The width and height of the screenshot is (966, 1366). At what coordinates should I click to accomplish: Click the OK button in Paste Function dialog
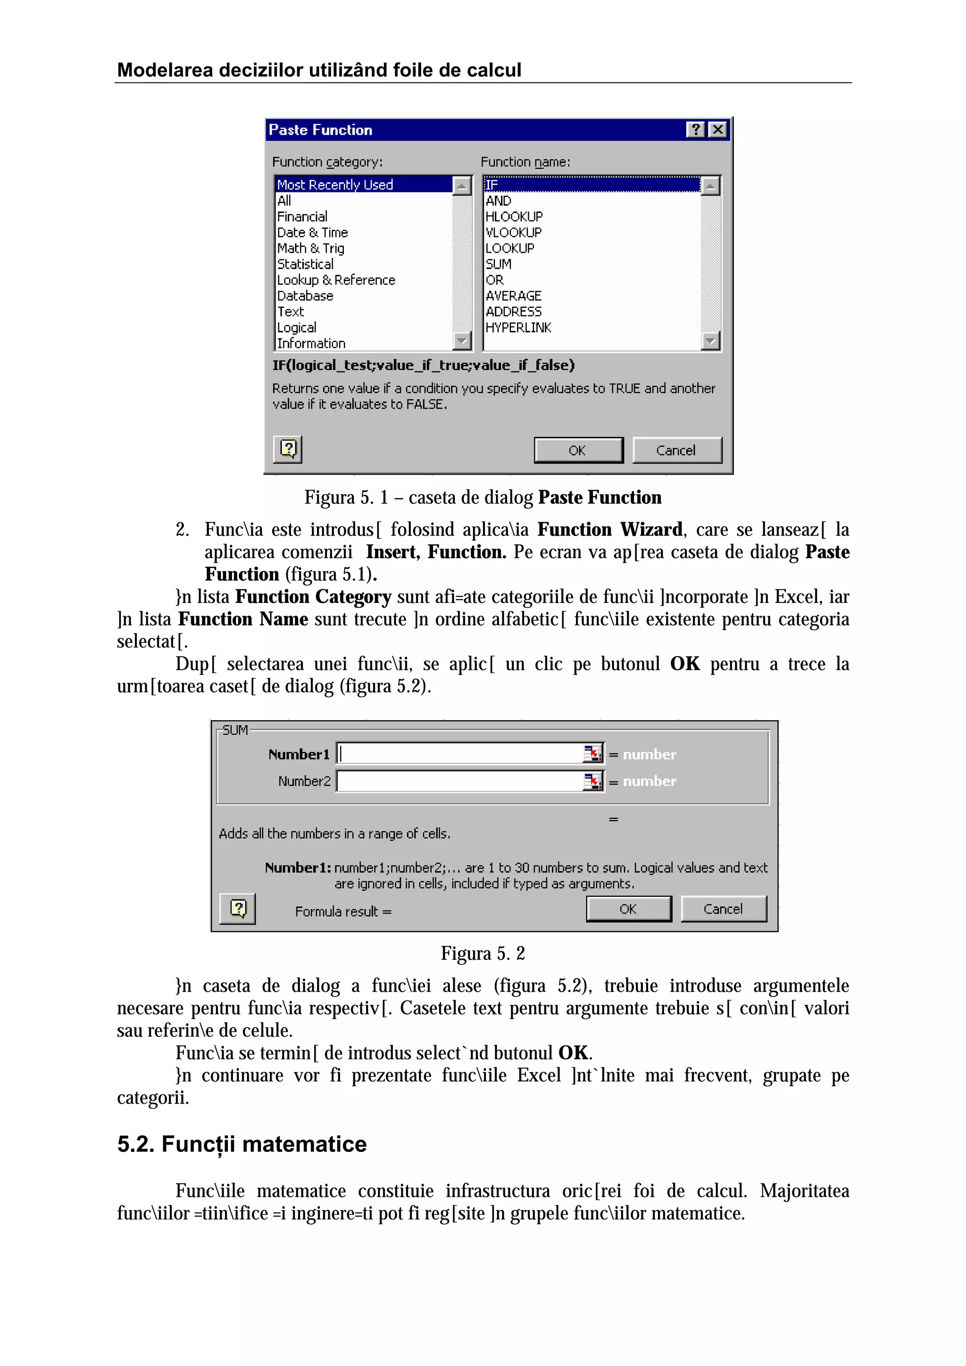click(578, 450)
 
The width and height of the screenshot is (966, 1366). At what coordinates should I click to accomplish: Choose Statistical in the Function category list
click(305, 264)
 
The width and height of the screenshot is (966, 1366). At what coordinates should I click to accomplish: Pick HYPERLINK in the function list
click(518, 328)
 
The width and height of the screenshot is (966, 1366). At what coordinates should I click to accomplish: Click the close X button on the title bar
click(718, 130)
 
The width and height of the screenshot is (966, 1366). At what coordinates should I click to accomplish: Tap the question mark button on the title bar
click(695, 130)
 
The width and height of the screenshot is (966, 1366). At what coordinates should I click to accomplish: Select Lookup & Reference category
click(336, 280)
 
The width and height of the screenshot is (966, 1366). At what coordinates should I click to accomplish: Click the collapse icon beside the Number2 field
click(593, 781)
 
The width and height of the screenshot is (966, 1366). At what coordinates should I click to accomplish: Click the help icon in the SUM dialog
click(237, 908)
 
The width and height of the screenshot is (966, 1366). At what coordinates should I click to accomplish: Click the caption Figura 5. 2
click(483, 954)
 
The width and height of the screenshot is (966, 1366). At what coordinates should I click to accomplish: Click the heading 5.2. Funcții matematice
click(241, 1144)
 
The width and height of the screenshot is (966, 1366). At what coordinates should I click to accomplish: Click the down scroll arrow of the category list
click(462, 341)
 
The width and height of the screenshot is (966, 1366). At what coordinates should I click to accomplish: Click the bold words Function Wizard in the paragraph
click(609, 529)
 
